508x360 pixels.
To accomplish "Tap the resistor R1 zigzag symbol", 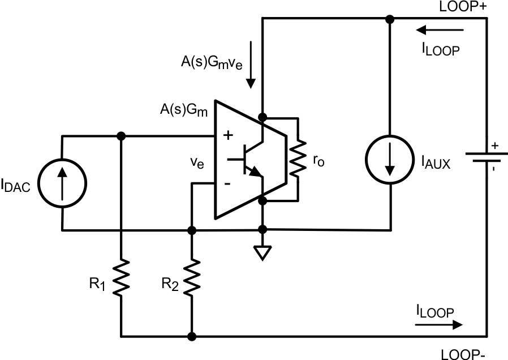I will point(120,277).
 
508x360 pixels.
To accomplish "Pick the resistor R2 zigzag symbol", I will point(192,277).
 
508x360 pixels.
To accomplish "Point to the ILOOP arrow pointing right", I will point(438,325).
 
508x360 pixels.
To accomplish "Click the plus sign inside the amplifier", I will point(229,136).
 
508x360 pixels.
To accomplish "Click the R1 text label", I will point(98,284).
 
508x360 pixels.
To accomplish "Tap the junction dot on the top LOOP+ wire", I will point(390,19).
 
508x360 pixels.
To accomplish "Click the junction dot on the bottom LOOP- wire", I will point(192,336).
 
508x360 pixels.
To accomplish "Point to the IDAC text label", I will point(21,185).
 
